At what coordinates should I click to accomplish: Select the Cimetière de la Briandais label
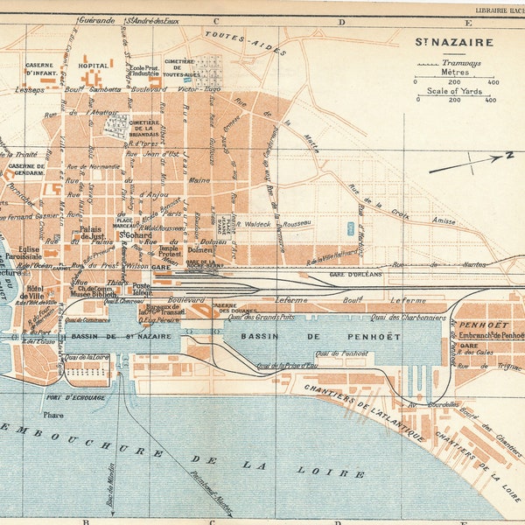click(x=151, y=130)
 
